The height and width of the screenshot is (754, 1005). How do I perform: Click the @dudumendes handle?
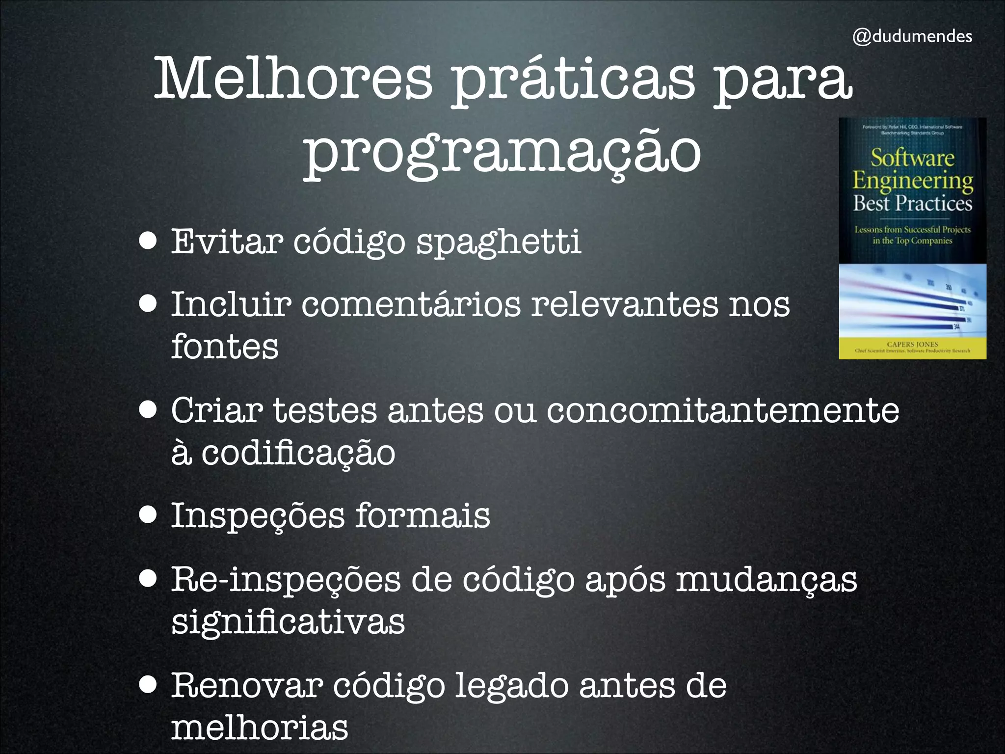coord(912,36)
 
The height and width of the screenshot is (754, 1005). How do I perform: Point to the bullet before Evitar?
coord(148,241)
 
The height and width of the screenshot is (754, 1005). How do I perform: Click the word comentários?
coord(411,304)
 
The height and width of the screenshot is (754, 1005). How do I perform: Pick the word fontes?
coord(225,347)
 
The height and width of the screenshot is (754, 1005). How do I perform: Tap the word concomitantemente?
coord(723,410)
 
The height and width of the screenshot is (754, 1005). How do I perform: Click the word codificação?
coord(298,453)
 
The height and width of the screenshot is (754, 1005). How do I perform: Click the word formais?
coord(423,516)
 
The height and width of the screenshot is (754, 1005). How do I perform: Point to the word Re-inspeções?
coord(286,580)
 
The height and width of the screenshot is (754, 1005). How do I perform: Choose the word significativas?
coord(288,622)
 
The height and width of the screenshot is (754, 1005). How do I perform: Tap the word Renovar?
coord(247,686)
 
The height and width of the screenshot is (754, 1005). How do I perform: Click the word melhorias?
coord(260,728)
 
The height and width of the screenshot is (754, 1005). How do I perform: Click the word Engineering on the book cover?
coord(912,181)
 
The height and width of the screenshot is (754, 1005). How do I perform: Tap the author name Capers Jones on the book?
coord(912,344)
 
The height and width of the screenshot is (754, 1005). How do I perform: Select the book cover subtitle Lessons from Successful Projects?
coord(912,230)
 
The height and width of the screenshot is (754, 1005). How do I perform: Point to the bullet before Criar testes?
coord(148,410)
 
